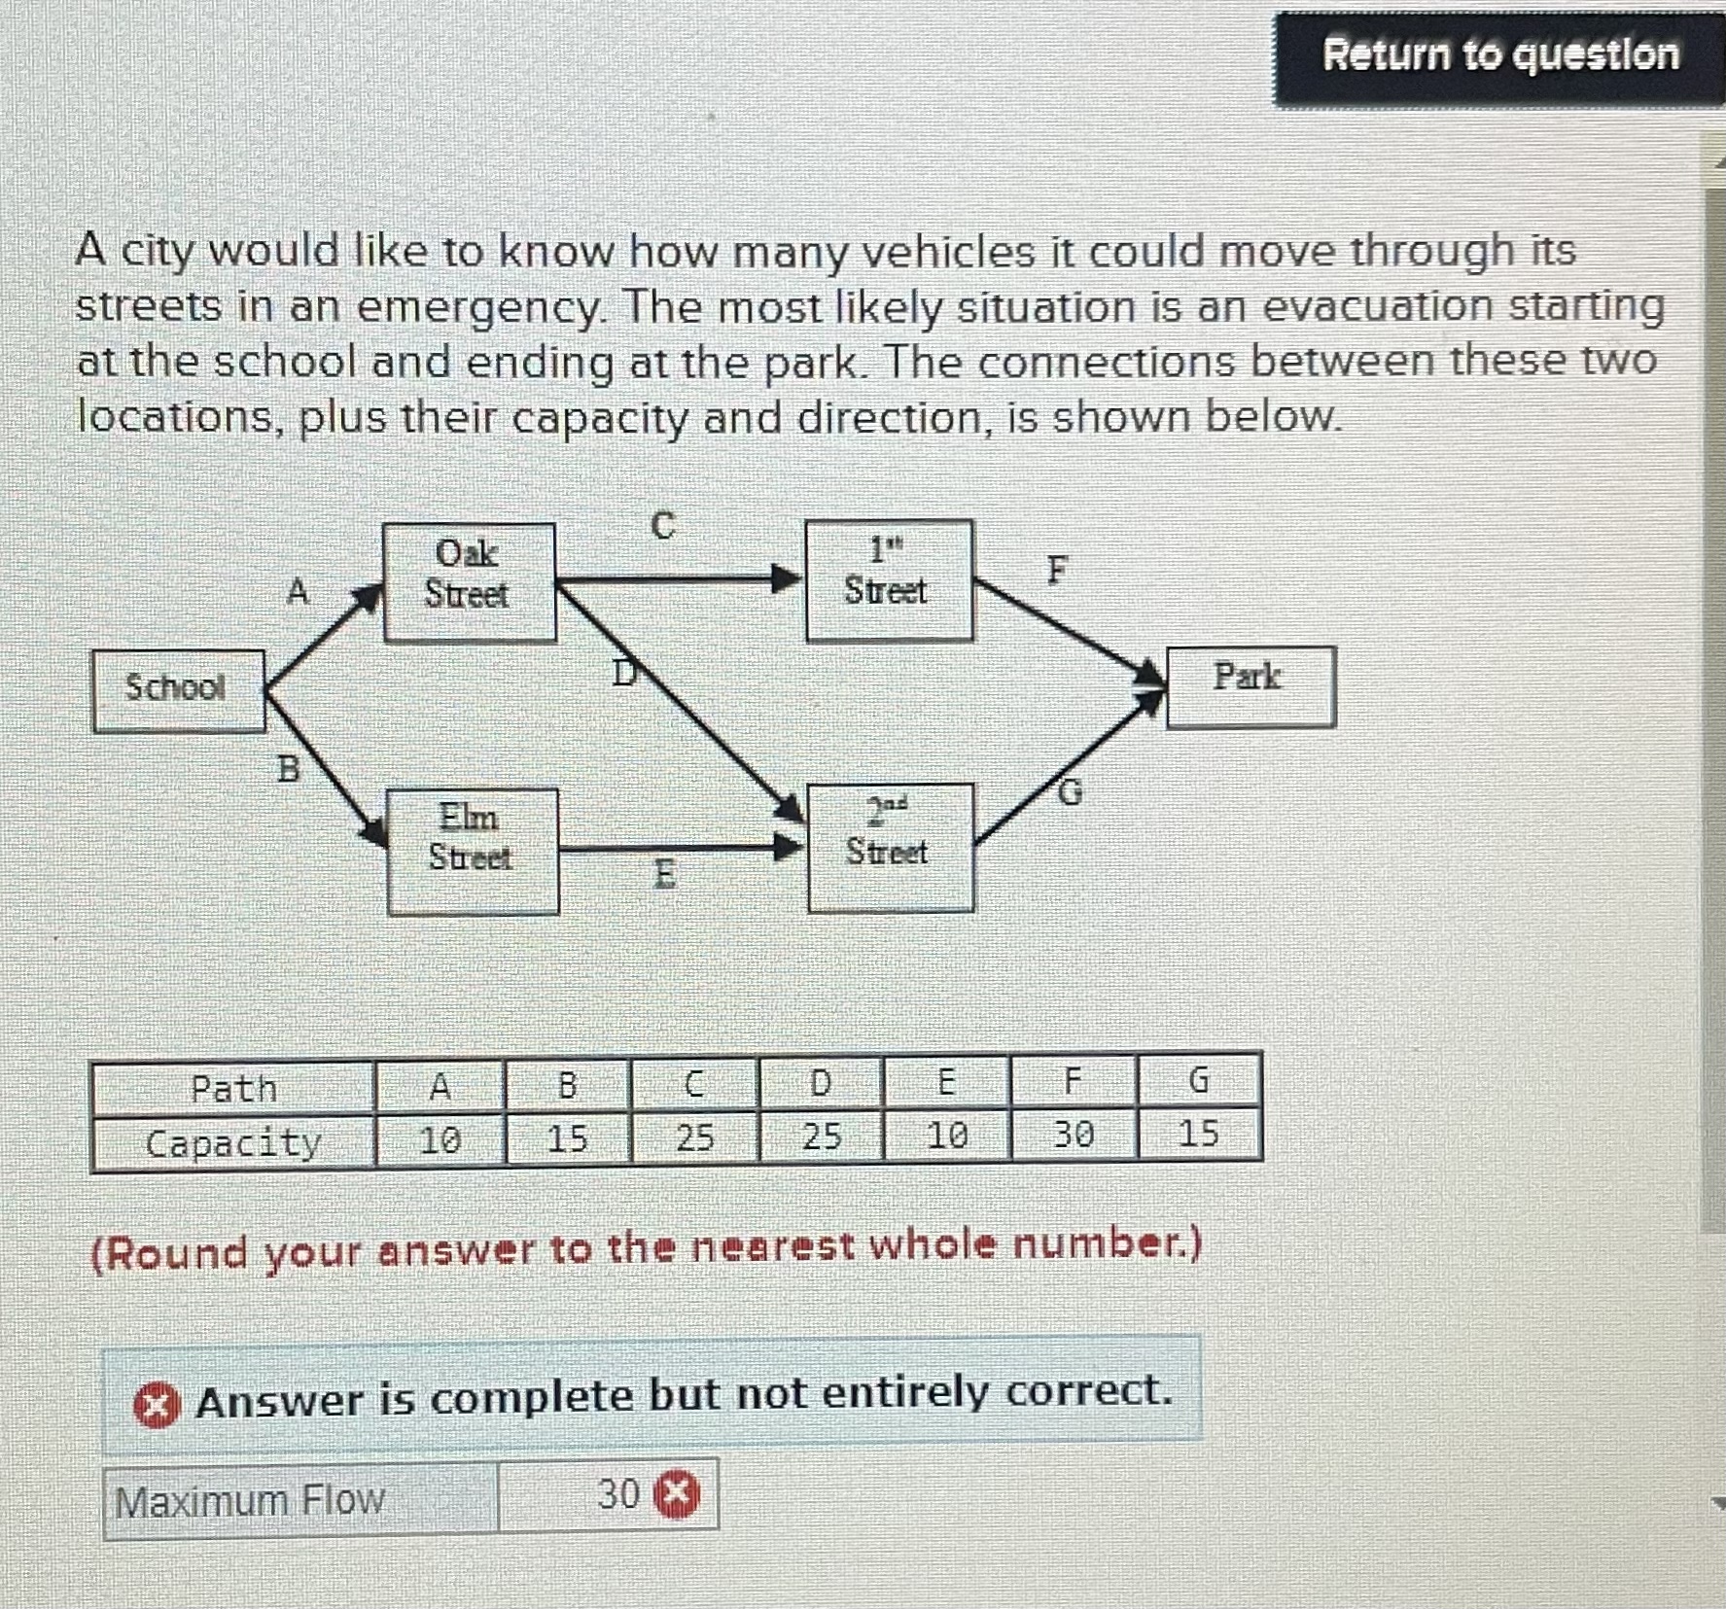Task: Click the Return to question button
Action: click(x=1499, y=55)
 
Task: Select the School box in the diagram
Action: click(x=178, y=689)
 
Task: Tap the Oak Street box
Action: click(x=469, y=581)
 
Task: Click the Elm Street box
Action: click(x=472, y=851)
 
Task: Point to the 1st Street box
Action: click(x=888, y=580)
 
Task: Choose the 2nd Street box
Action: click(x=889, y=847)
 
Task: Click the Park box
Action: click(x=1250, y=685)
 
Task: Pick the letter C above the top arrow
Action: click(x=662, y=526)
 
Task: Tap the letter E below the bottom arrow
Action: click(x=664, y=874)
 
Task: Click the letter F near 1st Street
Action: click(x=1057, y=571)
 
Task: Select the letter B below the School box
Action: click(x=289, y=769)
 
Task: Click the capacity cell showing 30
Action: click(x=1074, y=1134)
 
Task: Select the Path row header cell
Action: click(x=233, y=1088)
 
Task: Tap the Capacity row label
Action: click(x=233, y=1142)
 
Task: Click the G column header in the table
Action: click(x=1199, y=1080)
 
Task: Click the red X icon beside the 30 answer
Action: click(x=678, y=1494)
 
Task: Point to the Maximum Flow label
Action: click(x=250, y=1501)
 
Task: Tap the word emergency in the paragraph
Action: click(x=478, y=307)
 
